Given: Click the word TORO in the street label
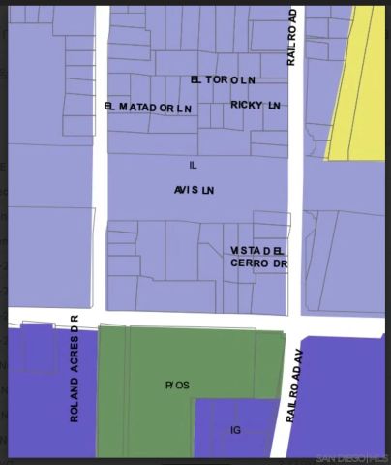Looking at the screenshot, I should tap(221, 79).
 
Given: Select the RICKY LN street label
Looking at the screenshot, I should tap(255, 104).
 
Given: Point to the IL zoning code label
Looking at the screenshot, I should tap(193, 166).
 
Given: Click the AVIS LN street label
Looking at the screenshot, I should tap(194, 190).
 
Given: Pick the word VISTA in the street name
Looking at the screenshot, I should tap(245, 250).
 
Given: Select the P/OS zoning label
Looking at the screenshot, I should tap(177, 385).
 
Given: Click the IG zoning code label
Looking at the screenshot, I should tap(234, 429).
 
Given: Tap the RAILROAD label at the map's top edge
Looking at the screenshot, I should tap(292, 39).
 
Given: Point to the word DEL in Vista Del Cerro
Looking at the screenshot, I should tap(274, 250).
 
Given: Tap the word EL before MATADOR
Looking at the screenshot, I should tap(110, 107).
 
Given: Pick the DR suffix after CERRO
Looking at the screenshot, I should tap(281, 263).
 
